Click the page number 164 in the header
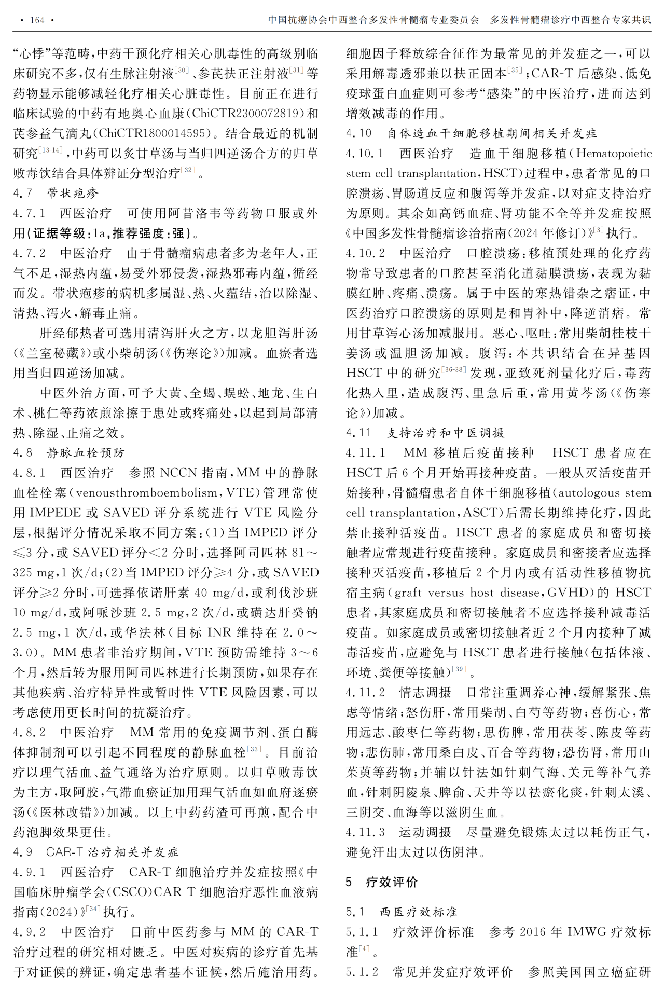tap(37, 20)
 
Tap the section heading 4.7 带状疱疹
tap(56, 194)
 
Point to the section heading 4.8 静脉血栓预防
tap(69, 453)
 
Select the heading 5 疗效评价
tap(381, 882)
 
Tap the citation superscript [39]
tap(459, 669)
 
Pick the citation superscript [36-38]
tap(454, 370)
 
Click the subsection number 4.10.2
tap(365, 253)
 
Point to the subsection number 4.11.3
tap(365, 832)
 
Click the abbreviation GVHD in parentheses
tap(574, 593)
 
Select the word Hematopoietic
tap(614, 154)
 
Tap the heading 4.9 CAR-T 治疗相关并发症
tap(96, 852)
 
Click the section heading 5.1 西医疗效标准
tap(402, 912)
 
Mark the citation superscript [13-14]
tap(51, 150)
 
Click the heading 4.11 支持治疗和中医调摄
tap(425, 433)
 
